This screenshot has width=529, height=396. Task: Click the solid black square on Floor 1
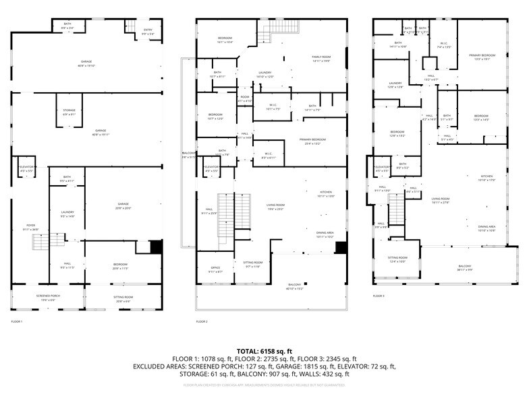(156, 247)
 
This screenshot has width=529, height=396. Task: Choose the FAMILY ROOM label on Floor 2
(321, 58)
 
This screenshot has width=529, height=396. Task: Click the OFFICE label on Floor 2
(215, 269)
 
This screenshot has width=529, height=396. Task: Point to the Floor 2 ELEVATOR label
(211, 168)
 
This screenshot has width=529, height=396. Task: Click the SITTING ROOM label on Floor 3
(397, 259)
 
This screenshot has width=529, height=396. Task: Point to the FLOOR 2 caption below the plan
(202, 322)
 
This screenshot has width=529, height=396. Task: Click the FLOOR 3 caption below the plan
(379, 296)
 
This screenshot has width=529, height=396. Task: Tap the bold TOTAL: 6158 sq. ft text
(264, 352)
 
